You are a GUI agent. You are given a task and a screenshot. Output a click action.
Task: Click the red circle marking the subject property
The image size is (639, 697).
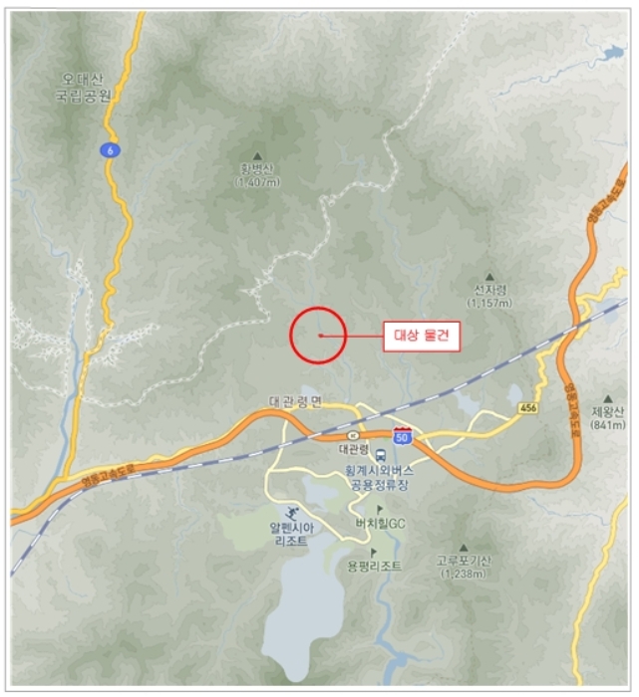tap(318, 335)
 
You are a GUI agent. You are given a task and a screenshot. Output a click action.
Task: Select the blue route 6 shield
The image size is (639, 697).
tap(107, 148)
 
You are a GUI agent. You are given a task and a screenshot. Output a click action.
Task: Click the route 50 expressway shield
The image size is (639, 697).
tap(403, 436)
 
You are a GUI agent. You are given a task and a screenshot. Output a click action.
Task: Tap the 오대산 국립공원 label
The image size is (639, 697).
tap(87, 87)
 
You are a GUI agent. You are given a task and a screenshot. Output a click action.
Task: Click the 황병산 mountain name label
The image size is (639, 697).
tap(257, 169)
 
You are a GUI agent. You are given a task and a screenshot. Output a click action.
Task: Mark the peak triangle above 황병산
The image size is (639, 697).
tap(257, 155)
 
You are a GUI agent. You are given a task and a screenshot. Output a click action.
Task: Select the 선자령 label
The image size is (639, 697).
tap(491, 290)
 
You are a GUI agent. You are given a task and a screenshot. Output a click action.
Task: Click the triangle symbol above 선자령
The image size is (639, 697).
tap(489, 276)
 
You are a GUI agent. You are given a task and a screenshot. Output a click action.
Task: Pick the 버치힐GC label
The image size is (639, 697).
tap(380, 524)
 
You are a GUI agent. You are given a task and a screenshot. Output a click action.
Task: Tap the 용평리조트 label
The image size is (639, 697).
tap(374, 566)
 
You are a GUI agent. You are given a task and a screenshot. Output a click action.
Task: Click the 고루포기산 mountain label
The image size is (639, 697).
tap(464, 561)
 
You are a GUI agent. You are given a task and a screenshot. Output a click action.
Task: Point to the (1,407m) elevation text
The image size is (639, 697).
tap(257, 182)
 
